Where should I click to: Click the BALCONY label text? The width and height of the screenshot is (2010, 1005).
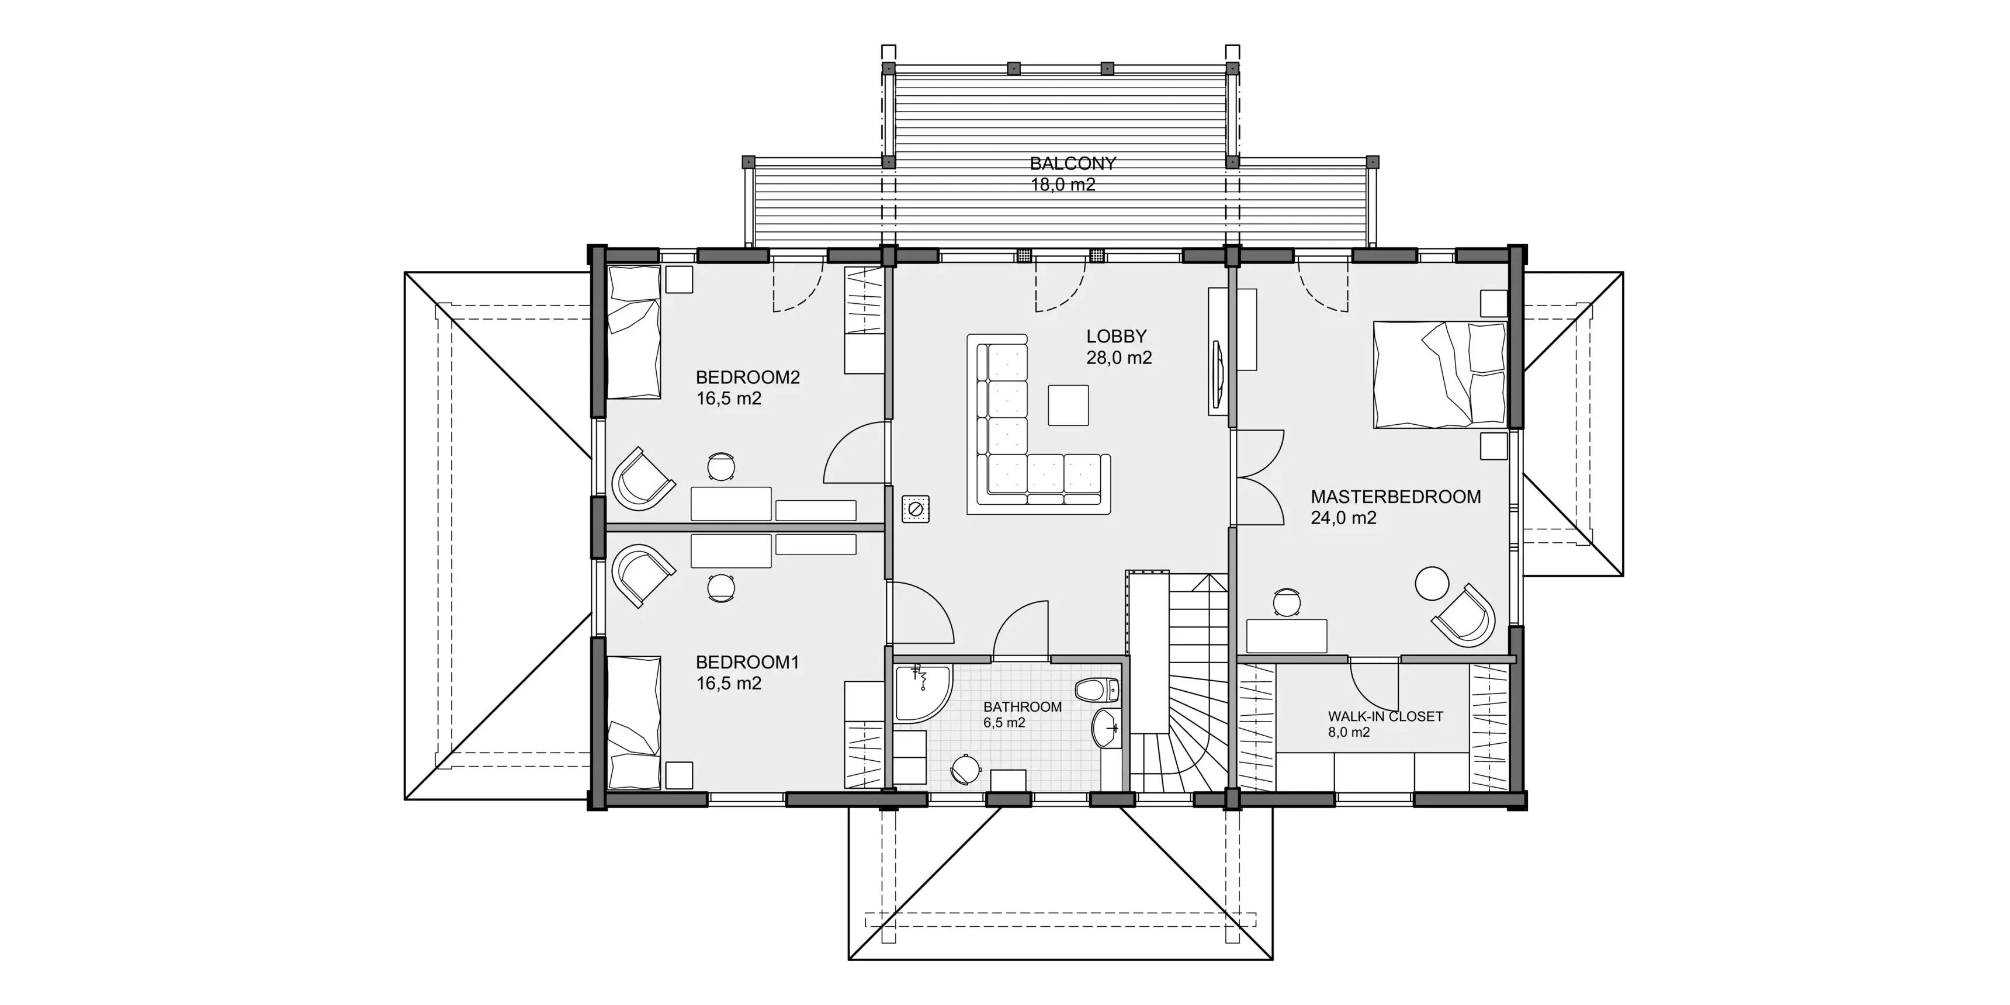(1073, 164)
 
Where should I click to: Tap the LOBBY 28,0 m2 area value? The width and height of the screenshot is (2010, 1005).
(1119, 358)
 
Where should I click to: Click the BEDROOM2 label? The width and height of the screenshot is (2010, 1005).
(747, 377)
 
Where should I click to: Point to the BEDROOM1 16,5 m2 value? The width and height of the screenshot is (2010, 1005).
(729, 684)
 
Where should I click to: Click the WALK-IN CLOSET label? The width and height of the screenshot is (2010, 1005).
(1385, 716)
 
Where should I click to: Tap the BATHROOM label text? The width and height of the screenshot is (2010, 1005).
(1022, 707)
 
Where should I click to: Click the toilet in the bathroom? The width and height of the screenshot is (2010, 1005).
(1096, 689)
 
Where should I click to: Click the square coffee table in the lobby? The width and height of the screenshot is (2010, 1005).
(1068, 405)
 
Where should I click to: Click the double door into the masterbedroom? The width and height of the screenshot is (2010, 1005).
(1258, 477)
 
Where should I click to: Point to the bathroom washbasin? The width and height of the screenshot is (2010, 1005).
(1107, 729)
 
